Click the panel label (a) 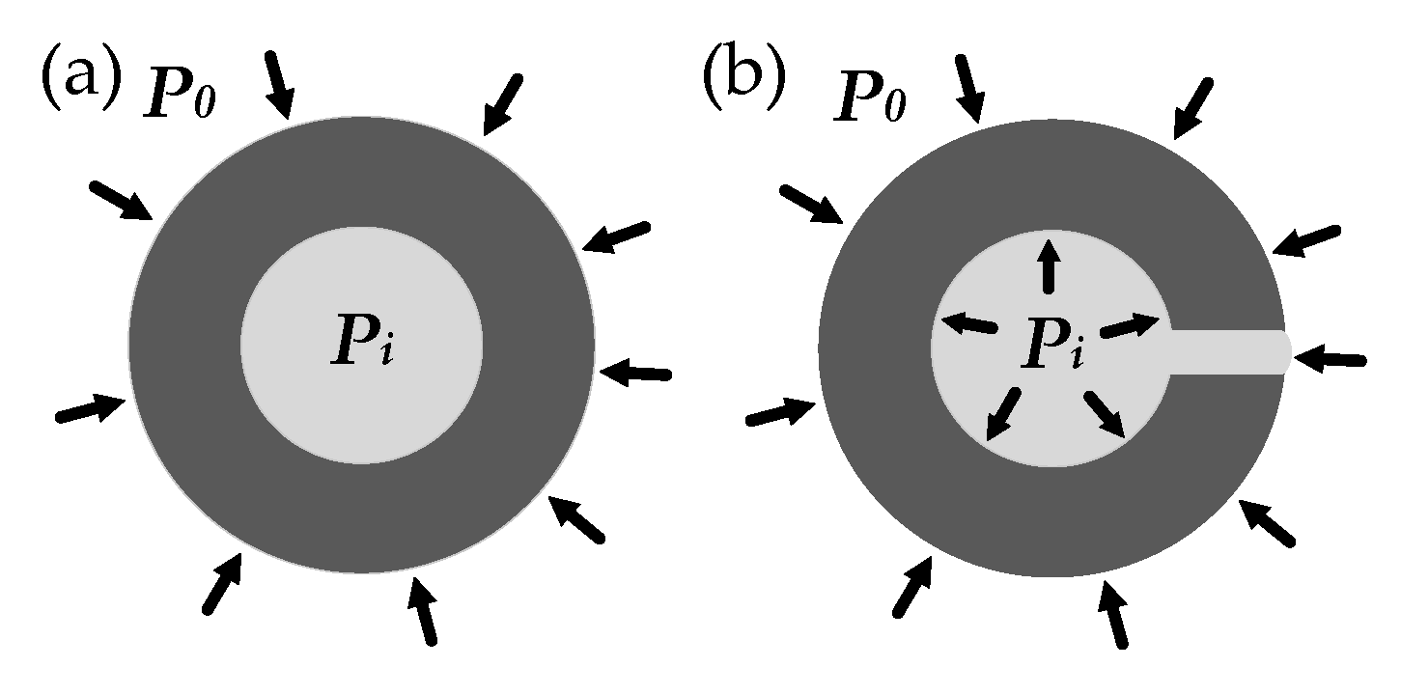pos(81,76)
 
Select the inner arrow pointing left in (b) pos(968,324)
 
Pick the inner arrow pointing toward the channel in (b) pos(1131,327)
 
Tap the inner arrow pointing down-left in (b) pos(1003,414)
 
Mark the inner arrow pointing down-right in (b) pos(1105,414)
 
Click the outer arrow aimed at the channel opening pos(1330,359)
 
